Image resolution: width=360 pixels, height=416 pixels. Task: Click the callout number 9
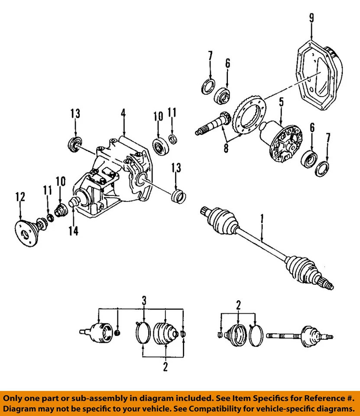click(x=311, y=18)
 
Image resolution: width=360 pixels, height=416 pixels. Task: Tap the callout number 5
click(x=281, y=103)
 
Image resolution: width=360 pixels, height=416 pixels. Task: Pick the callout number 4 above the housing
click(x=123, y=114)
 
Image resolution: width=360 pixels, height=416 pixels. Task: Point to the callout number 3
click(x=144, y=300)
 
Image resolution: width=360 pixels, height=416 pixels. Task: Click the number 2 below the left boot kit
click(x=165, y=367)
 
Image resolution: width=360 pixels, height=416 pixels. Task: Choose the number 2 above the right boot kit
click(x=238, y=305)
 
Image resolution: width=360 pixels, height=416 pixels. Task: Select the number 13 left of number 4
click(x=75, y=114)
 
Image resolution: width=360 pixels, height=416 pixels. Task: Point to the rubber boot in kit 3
click(x=165, y=334)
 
